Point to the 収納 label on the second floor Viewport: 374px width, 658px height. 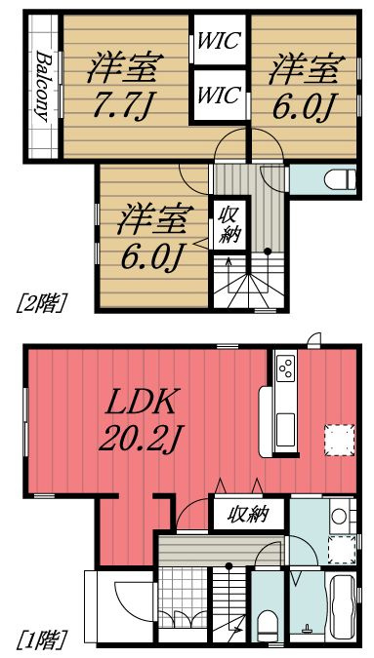pos(230,224)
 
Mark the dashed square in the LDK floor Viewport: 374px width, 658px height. pos(338,440)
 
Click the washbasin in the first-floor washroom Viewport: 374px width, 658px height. pos(339,514)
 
